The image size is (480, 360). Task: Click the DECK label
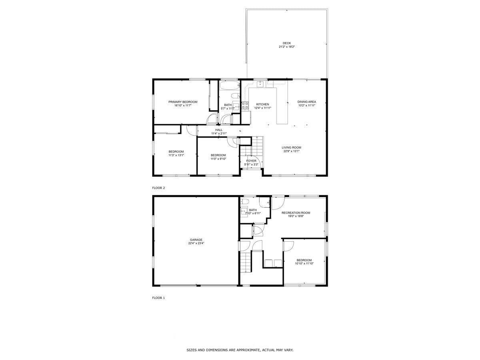pyautogui.click(x=286, y=43)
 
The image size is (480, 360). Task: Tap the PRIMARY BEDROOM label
pyautogui.click(x=183, y=102)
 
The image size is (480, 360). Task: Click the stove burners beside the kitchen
pyautogui.click(x=245, y=106)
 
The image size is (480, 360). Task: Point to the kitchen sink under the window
pyautogui.click(x=260, y=84)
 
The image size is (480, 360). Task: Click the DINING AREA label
pyautogui.click(x=307, y=102)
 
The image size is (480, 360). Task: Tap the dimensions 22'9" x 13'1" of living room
pyautogui.click(x=291, y=151)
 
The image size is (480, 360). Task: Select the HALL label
pyautogui.click(x=219, y=130)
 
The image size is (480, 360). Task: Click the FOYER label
pyautogui.click(x=251, y=161)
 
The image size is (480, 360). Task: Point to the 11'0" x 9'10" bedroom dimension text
pyautogui.click(x=218, y=159)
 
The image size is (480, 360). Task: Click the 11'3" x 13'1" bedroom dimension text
pyautogui.click(x=176, y=155)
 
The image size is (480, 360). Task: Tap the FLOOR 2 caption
pyautogui.click(x=158, y=188)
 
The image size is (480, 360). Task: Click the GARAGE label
pyautogui.click(x=196, y=240)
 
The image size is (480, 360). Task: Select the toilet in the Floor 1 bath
pyautogui.click(x=246, y=201)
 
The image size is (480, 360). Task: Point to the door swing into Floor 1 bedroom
pyautogui.click(x=287, y=246)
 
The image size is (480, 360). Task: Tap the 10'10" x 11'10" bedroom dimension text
pyautogui.click(x=304, y=264)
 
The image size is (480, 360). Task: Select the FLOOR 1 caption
pyautogui.click(x=158, y=298)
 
